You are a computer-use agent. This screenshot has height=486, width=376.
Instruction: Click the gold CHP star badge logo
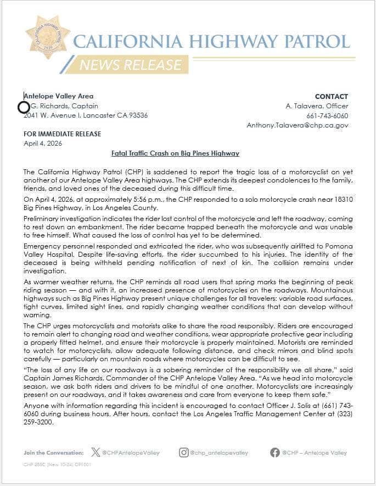pyautogui.click(x=48, y=37)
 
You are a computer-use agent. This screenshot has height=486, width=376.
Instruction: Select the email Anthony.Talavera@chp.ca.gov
pyautogui.click(x=297, y=125)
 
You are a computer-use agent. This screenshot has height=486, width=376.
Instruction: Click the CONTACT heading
pyautogui.click(x=332, y=96)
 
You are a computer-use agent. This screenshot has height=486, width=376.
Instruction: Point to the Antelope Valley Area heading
pyautogui.click(x=59, y=96)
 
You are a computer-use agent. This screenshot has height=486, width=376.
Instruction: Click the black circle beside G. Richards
pyautogui.click(x=24, y=107)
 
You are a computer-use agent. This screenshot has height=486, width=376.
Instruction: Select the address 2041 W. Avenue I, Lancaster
pyautogui.click(x=86, y=115)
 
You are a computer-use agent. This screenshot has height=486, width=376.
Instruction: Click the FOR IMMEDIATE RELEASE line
pyautogui.click(x=62, y=134)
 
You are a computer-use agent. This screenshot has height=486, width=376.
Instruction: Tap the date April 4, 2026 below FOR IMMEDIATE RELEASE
pyautogui.click(x=43, y=143)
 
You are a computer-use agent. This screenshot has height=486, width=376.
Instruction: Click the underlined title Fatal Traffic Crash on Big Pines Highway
pyautogui.click(x=175, y=153)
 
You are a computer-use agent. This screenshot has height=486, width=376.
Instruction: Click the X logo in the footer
pyautogui.click(x=96, y=452)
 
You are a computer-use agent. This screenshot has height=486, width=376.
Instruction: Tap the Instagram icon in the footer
pyautogui.click(x=184, y=452)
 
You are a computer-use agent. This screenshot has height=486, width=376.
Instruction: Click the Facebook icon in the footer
pyautogui.click(x=274, y=452)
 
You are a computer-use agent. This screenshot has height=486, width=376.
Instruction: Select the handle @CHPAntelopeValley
pyautogui.click(x=131, y=453)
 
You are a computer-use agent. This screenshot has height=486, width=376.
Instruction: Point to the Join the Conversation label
pyautogui.click(x=54, y=453)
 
